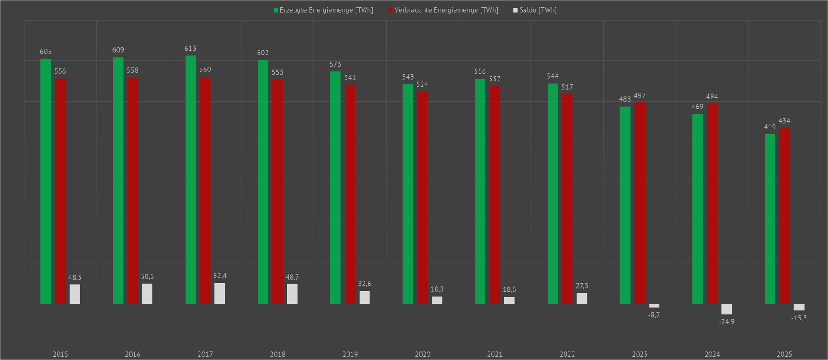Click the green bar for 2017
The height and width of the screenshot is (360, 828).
click(191, 180)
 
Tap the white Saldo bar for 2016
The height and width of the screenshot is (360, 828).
click(147, 294)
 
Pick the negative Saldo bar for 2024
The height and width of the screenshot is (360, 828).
click(726, 309)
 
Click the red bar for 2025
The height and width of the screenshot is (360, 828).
click(784, 216)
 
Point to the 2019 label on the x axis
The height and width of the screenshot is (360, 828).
click(350, 355)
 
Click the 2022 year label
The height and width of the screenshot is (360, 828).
click(567, 355)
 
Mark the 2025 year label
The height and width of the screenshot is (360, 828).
click(784, 355)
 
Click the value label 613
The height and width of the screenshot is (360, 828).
click(190, 49)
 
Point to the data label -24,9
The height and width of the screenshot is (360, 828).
click(726, 322)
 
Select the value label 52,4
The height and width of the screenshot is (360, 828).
click(220, 276)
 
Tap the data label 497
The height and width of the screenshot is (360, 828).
click(639, 96)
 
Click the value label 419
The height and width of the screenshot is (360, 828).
click(770, 127)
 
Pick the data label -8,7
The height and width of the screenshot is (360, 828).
click(654, 316)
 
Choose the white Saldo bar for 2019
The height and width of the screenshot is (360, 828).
click(365, 298)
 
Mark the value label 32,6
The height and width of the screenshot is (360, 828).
click(365, 284)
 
